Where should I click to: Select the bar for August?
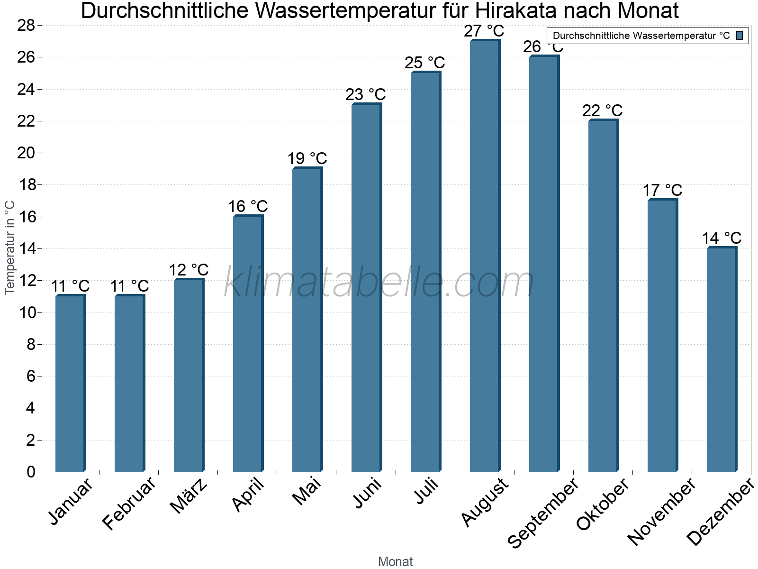point(484,256)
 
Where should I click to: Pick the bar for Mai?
point(307,320)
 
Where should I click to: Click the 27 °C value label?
point(484,31)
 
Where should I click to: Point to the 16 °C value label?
point(248,207)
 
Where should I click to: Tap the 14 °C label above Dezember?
point(721,238)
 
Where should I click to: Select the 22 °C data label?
point(602,111)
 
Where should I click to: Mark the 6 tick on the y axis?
point(31,376)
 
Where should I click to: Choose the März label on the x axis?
point(189,496)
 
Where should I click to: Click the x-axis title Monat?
point(395,562)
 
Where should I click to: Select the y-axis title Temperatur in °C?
point(10,248)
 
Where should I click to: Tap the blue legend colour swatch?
point(740,36)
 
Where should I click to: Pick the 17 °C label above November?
point(662,191)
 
